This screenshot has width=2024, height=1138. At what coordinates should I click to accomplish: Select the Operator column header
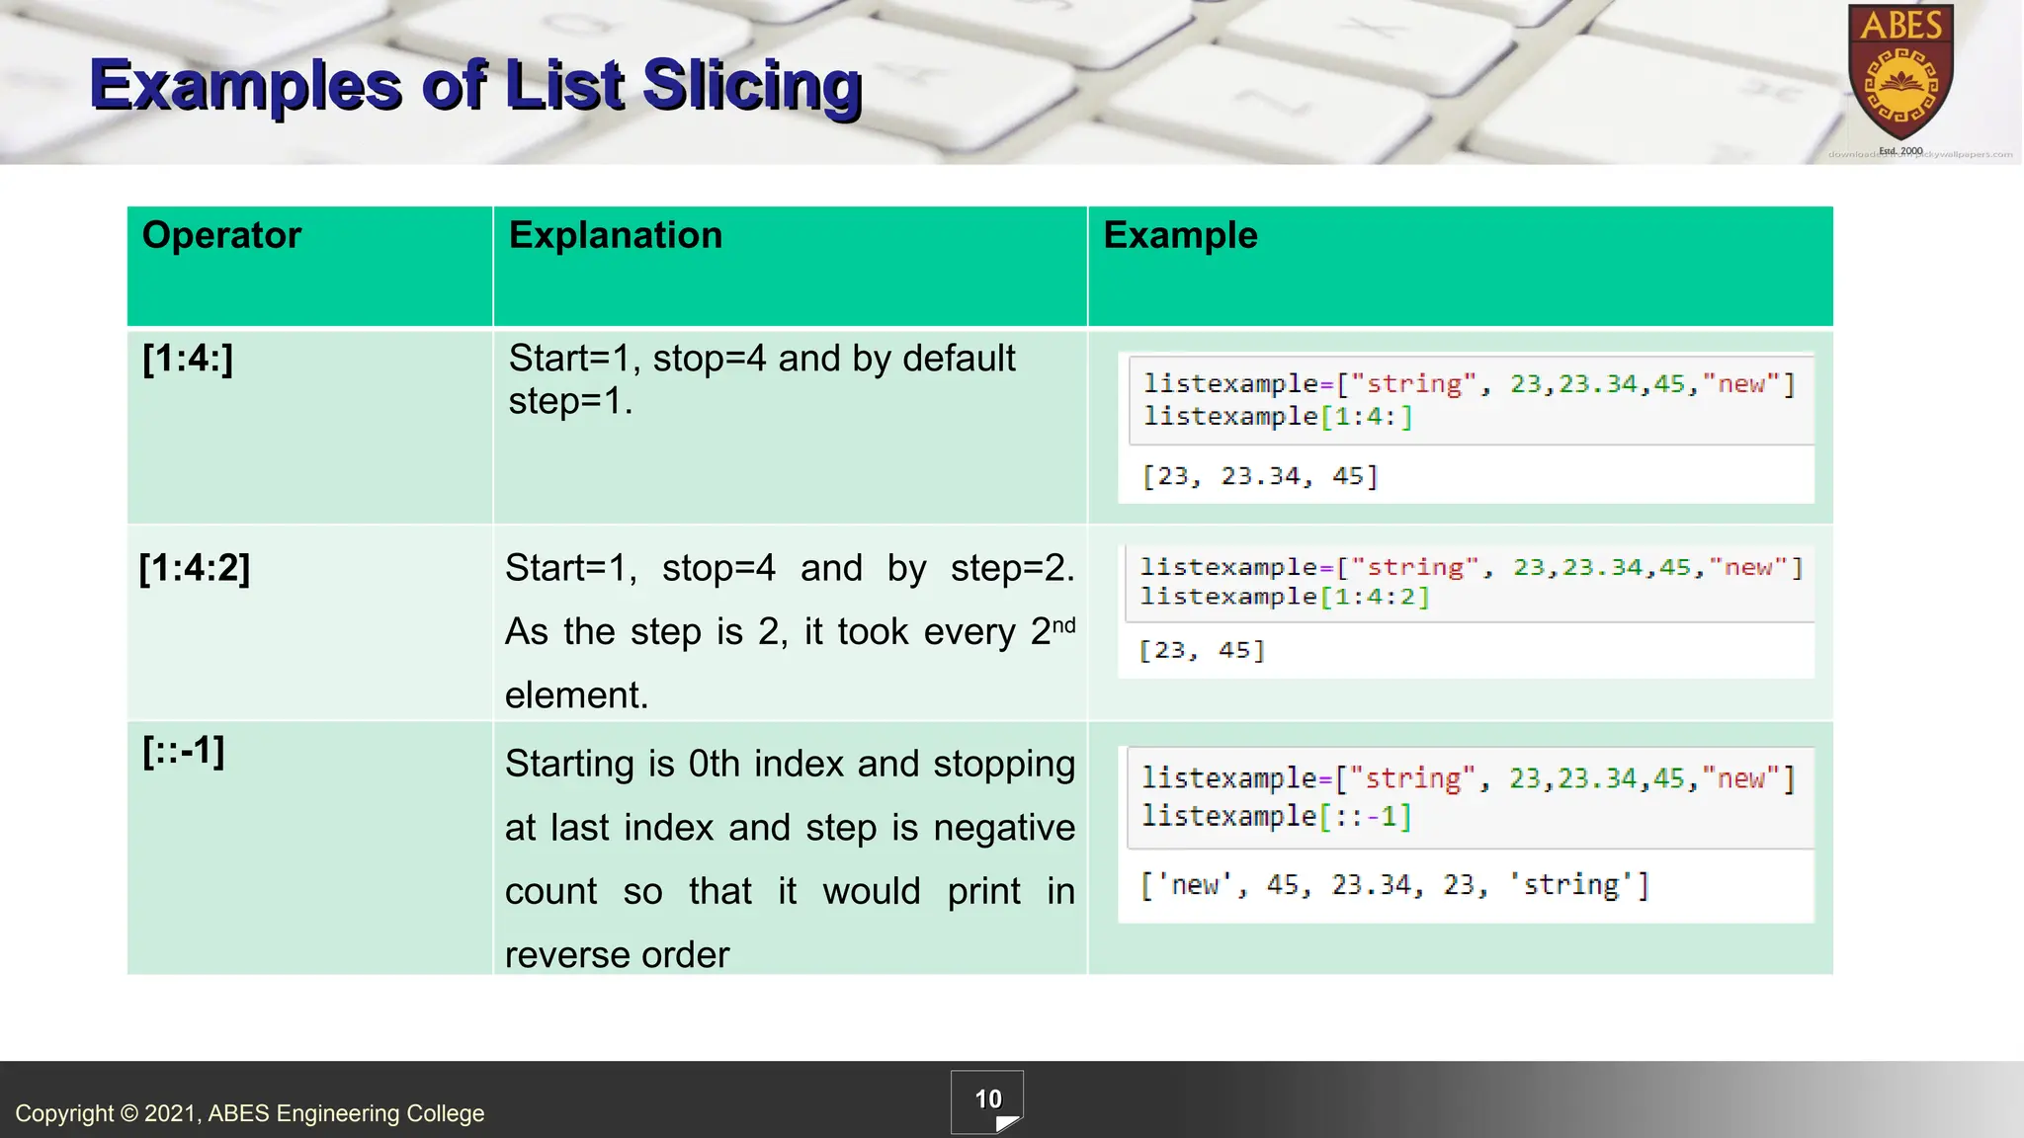pyautogui.click(x=221, y=235)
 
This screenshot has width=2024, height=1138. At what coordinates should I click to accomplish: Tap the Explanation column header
pyautogui.click(x=615, y=235)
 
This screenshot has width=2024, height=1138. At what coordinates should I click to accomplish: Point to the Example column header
pyautogui.click(x=1180, y=235)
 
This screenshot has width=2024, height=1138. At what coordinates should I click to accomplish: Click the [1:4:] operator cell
pyautogui.click(x=188, y=358)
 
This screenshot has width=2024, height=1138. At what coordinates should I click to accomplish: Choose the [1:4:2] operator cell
pyautogui.click(x=195, y=568)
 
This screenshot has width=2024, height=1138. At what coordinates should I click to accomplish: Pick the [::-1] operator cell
pyautogui.click(x=184, y=751)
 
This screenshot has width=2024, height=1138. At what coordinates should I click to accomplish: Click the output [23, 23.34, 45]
pyautogui.click(x=1259, y=476)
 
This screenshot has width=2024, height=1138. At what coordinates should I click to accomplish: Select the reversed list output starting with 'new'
pyautogui.click(x=1393, y=885)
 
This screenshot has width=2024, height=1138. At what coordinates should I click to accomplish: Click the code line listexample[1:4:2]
pyautogui.click(x=1284, y=597)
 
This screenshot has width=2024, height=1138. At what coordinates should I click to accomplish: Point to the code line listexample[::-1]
pyautogui.click(x=1276, y=816)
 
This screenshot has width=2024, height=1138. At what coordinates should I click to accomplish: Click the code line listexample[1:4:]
pyautogui.click(x=1278, y=416)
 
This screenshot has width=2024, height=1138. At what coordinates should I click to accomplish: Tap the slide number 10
pyautogui.click(x=987, y=1099)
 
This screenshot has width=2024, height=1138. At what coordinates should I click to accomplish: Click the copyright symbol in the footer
pyautogui.click(x=129, y=1113)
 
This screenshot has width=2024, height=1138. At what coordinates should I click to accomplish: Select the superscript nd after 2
pyautogui.click(x=1063, y=625)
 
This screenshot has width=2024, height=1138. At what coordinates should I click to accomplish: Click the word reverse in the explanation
pyautogui.click(x=568, y=955)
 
